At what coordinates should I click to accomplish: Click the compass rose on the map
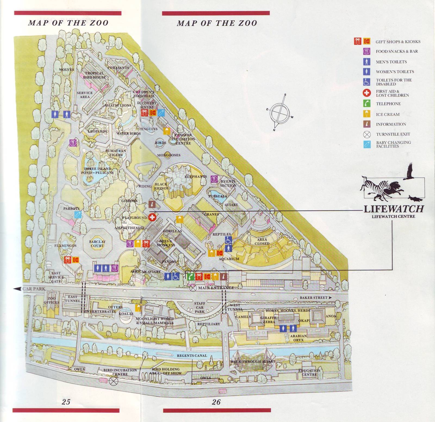coord(280,112)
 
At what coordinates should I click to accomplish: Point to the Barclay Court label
coord(97,244)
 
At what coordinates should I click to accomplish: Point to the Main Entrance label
coord(216,288)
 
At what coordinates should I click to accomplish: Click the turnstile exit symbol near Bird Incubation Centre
coord(112,381)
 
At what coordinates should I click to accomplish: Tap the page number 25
coord(66,402)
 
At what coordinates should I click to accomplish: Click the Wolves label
coord(67,70)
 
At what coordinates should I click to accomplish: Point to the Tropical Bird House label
coord(94,75)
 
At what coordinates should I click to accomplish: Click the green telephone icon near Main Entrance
coord(191,277)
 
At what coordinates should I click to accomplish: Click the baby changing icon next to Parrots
coord(78,215)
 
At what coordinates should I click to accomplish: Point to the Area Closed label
coord(262,241)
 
